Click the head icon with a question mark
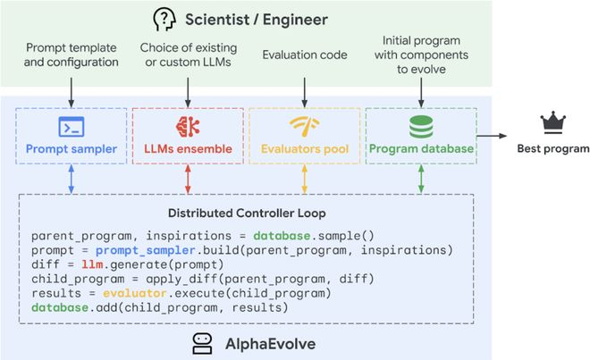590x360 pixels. [x=164, y=20]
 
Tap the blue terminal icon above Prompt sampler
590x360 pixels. [x=72, y=126]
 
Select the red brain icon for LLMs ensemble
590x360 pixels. [x=188, y=126]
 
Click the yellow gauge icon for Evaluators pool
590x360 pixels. [x=305, y=126]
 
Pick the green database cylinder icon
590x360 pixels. [x=421, y=127]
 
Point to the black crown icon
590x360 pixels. [x=552, y=122]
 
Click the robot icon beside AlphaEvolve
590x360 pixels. [x=202, y=343]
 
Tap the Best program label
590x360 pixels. [x=553, y=148]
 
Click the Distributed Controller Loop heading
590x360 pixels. [x=247, y=213]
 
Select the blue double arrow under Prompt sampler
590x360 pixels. [x=72, y=179]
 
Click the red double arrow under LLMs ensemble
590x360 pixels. [x=188, y=179]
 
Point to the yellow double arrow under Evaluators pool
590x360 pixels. [x=305, y=179]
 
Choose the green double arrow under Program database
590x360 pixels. [x=421, y=179]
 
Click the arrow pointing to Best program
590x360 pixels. [x=492, y=136]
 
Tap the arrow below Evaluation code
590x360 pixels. [x=305, y=93]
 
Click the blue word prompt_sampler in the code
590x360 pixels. [x=145, y=250]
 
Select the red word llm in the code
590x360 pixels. [x=92, y=264]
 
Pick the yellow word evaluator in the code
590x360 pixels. [x=135, y=293]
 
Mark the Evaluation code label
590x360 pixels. [x=305, y=54]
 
